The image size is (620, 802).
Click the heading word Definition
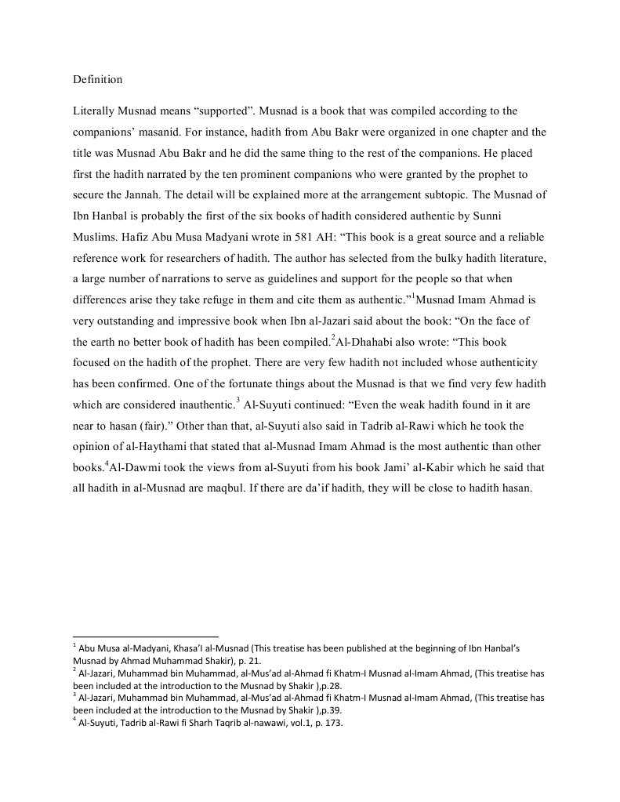click(x=97, y=80)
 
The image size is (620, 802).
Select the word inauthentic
click(x=201, y=404)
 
